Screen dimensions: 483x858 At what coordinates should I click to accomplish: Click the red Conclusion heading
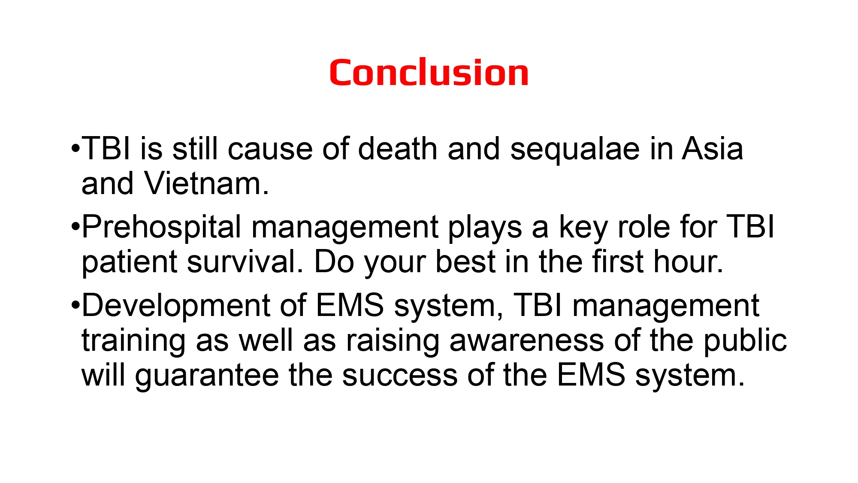pos(429,73)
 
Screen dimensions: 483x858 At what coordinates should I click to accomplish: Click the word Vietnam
pos(206,184)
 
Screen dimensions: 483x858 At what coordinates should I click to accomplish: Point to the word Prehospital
pos(161,228)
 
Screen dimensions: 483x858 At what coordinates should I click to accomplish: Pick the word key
pos(583,228)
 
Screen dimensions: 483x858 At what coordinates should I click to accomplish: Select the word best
pos(465,262)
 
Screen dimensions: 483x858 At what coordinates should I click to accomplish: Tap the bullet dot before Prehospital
pos(76,226)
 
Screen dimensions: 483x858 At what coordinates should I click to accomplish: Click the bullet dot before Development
pos(76,304)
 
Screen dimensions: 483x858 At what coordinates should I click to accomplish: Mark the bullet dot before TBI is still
pos(76,149)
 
